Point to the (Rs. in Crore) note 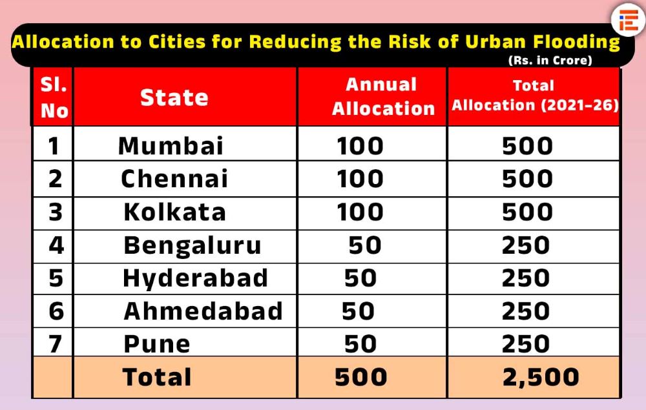tap(550, 61)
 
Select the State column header tap(174, 97)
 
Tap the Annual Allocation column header tap(383, 97)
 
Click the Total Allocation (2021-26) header tap(534, 96)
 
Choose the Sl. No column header tap(54, 97)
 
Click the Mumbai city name tap(171, 146)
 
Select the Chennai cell tap(174, 179)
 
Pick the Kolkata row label tap(174, 212)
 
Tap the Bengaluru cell tap(193, 245)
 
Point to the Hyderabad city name tap(195, 278)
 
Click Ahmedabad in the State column tap(203, 311)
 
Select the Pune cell tap(157, 344)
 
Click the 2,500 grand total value tap(540, 378)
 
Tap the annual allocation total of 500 tap(360, 378)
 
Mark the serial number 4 tap(56, 245)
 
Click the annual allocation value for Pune tap(360, 344)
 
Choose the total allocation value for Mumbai tap(527, 146)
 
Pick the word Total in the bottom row tap(157, 378)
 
